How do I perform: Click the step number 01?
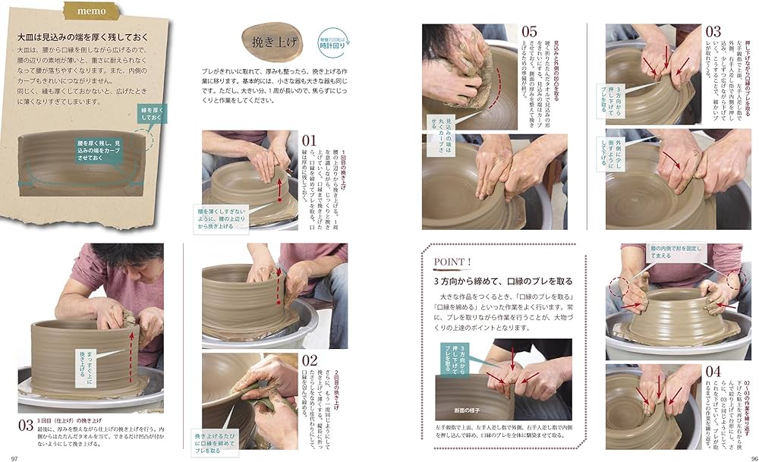pos(309,141)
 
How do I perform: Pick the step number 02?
pos(309,361)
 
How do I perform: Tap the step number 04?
pos(713,372)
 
